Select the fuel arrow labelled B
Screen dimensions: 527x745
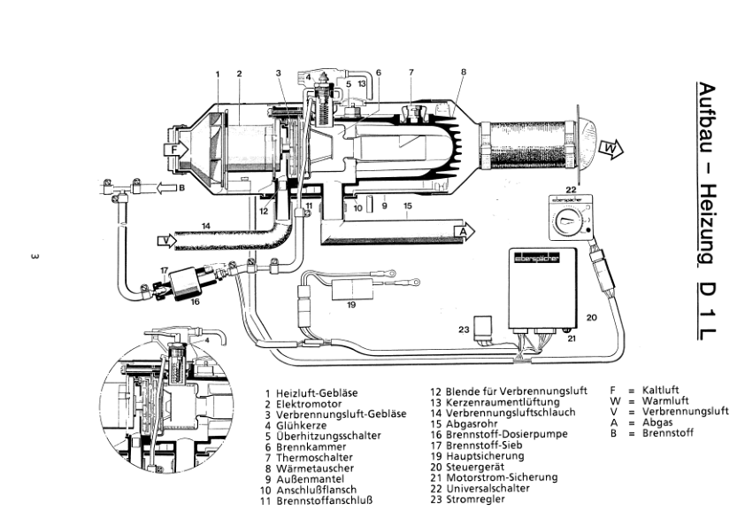[x=167, y=188]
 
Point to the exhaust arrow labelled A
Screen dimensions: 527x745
[x=460, y=231]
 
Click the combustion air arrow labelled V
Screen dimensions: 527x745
[x=165, y=239]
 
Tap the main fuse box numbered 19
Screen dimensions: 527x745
[x=352, y=290]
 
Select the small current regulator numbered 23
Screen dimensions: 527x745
[x=485, y=328]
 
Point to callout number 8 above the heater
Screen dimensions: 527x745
[x=464, y=72]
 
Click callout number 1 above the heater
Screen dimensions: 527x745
[x=218, y=73]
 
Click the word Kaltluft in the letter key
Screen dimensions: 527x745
[x=663, y=390]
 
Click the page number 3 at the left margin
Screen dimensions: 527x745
[x=33, y=258]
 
